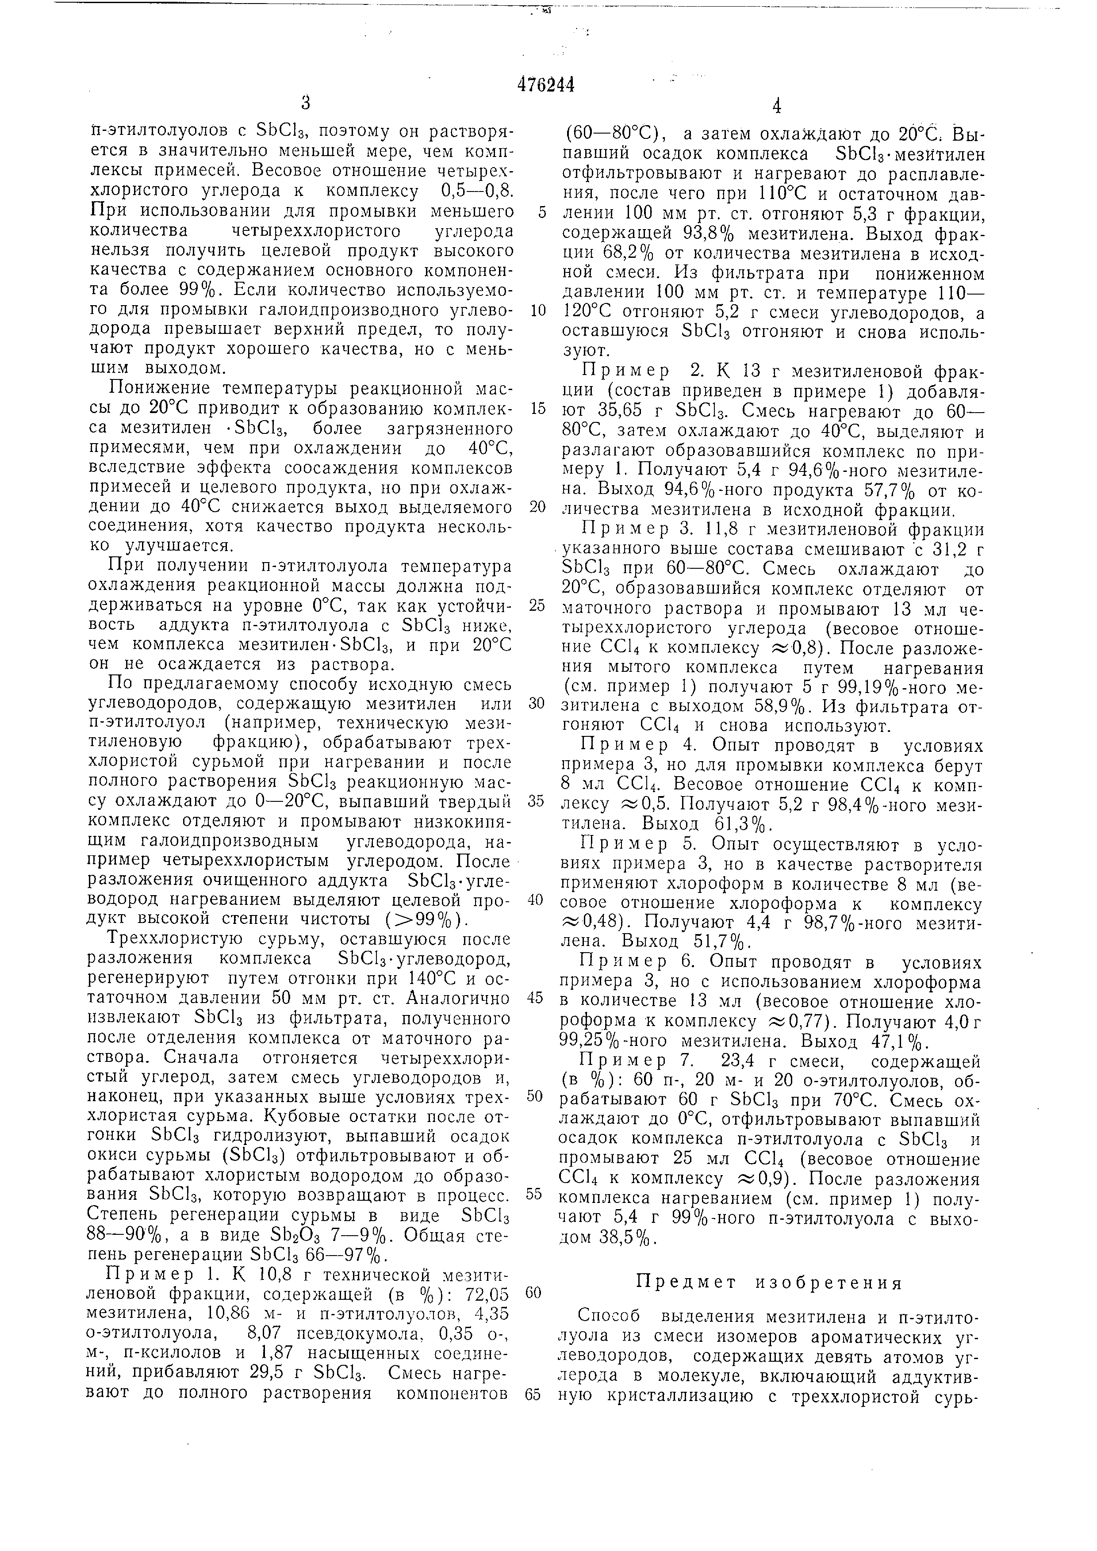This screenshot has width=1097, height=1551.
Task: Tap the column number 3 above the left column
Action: pos(305,103)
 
